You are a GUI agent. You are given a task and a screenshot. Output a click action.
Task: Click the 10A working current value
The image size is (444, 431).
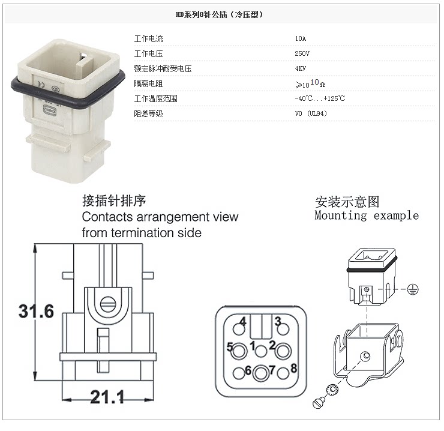click(x=300, y=38)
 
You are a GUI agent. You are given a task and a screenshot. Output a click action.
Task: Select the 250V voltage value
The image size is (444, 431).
click(x=302, y=53)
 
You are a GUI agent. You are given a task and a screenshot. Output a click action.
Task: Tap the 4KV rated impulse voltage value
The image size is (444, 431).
click(x=301, y=68)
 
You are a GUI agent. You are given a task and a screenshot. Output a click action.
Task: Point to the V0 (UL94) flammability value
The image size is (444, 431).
click(x=311, y=113)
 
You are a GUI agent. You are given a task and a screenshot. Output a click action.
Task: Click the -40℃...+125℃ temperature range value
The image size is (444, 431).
click(x=319, y=98)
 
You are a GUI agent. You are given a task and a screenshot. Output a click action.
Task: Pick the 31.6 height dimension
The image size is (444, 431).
click(x=36, y=312)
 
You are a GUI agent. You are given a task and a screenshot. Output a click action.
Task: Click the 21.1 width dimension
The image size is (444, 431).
click(x=107, y=397)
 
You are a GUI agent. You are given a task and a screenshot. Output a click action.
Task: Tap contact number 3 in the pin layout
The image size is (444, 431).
click(x=278, y=322)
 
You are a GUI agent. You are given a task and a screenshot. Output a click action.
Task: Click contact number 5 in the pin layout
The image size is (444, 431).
click(x=230, y=346)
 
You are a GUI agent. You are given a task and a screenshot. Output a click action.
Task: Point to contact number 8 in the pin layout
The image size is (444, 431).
click(x=293, y=367)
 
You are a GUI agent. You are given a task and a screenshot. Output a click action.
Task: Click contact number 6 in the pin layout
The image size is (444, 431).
click(x=247, y=371)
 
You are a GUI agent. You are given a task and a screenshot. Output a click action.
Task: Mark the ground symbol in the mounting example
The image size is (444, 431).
click(x=412, y=289)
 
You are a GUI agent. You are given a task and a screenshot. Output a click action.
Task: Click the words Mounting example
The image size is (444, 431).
click(x=367, y=215)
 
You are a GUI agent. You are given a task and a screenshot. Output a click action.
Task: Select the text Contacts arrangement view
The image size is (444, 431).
click(x=160, y=216)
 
